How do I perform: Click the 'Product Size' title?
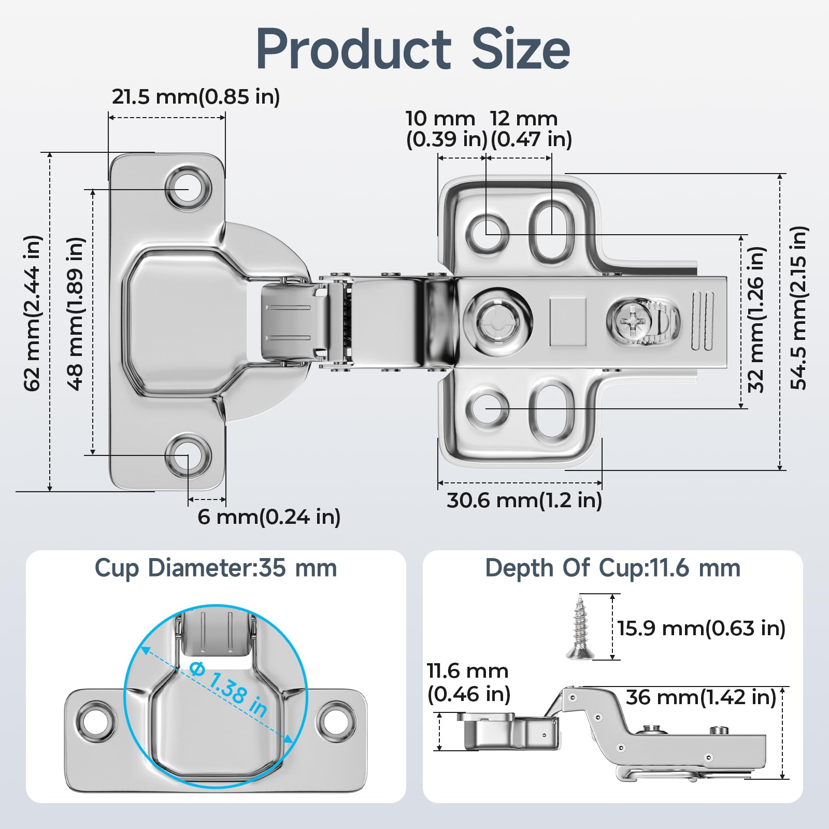pyautogui.click(x=413, y=49)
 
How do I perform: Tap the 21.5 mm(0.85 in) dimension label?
pyautogui.click(x=196, y=97)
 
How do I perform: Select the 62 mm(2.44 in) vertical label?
pyautogui.click(x=32, y=313)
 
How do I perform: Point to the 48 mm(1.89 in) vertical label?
pyautogui.click(x=76, y=313)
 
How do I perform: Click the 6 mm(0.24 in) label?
pyautogui.click(x=269, y=517)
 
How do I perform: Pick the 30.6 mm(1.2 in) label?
pyautogui.click(x=524, y=501)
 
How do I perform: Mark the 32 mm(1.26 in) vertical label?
pyautogui.click(x=756, y=319)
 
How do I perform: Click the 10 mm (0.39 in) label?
pyautogui.click(x=446, y=129)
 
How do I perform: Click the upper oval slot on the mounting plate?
pyautogui.click(x=552, y=231)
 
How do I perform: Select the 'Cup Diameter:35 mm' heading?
pyautogui.click(x=216, y=568)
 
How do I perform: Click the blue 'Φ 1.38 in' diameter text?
pyautogui.click(x=228, y=690)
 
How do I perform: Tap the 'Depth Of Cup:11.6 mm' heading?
pyautogui.click(x=612, y=568)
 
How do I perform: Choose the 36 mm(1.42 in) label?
pyautogui.click(x=701, y=697)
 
